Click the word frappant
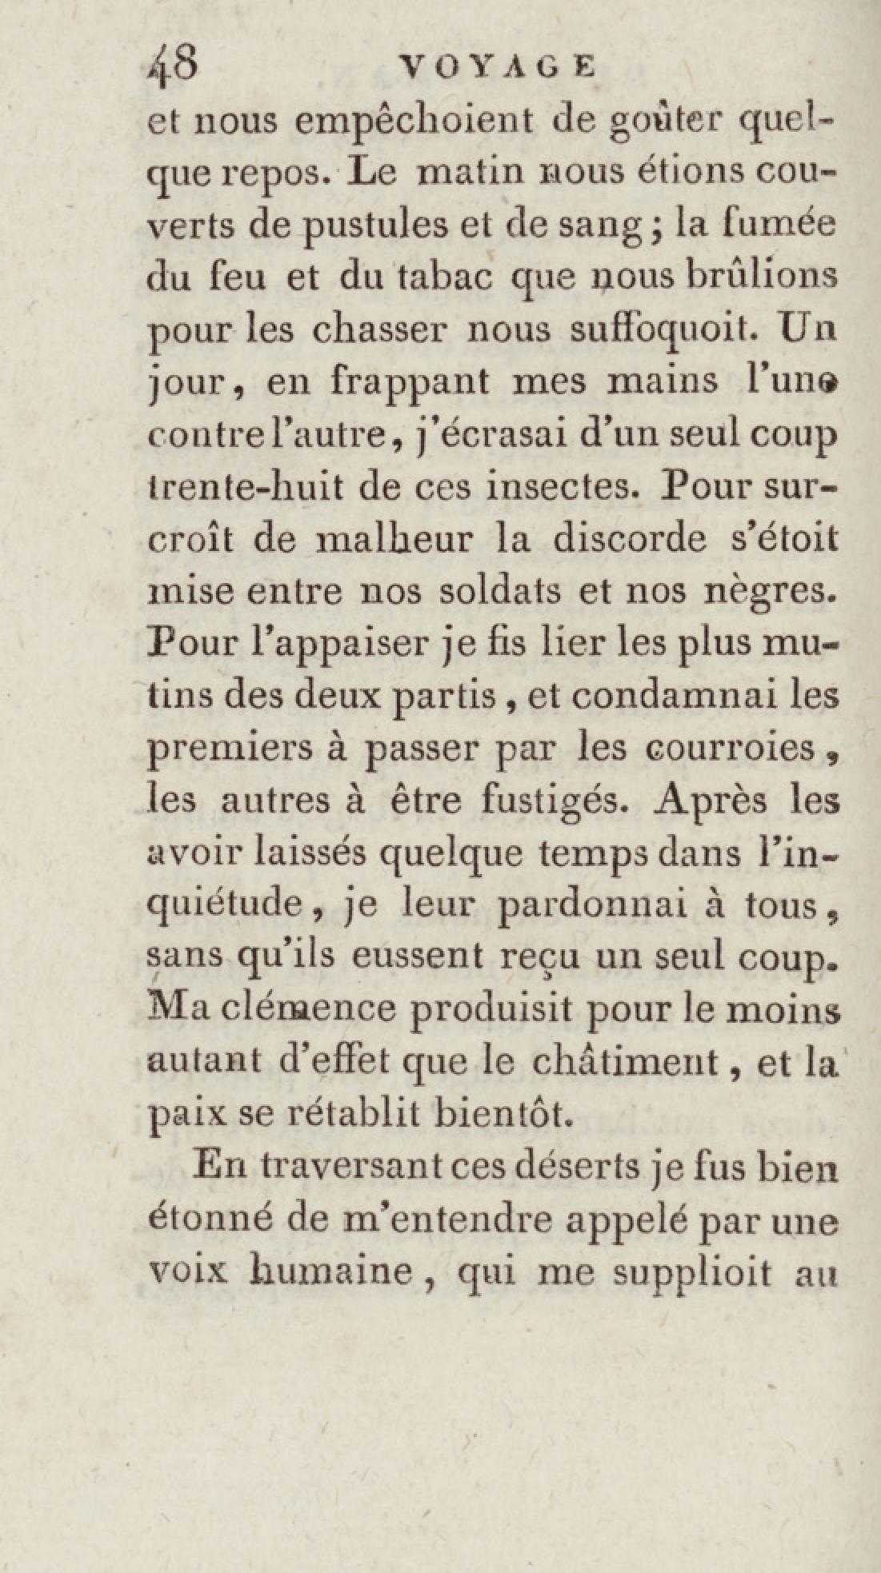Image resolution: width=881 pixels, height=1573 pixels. [410, 382]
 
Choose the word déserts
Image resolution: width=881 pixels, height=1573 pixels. [577, 1167]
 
